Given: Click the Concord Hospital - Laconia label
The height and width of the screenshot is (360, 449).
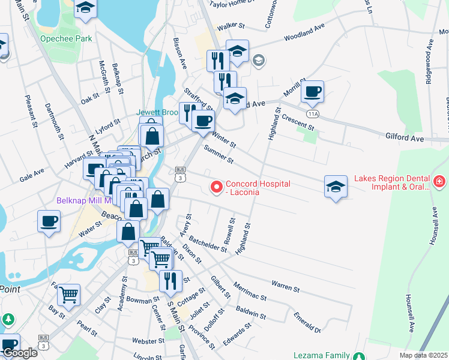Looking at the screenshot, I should [258, 188].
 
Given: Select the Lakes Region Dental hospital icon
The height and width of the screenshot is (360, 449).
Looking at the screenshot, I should [440, 181].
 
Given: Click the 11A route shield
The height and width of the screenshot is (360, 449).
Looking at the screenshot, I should [312, 113].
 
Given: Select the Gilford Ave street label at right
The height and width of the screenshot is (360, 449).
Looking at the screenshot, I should [405, 139].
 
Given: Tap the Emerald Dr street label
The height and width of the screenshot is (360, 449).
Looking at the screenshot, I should [307, 322].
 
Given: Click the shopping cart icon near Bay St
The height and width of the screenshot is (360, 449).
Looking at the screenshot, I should [69, 295].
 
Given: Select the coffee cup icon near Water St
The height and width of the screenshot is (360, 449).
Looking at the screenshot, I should [49, 221].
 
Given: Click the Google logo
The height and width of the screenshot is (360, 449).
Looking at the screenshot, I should [19, 353].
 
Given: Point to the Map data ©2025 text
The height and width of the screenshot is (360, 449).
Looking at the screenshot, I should [423, 355].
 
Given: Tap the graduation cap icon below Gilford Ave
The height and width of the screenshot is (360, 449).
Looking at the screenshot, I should [336, 187].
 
